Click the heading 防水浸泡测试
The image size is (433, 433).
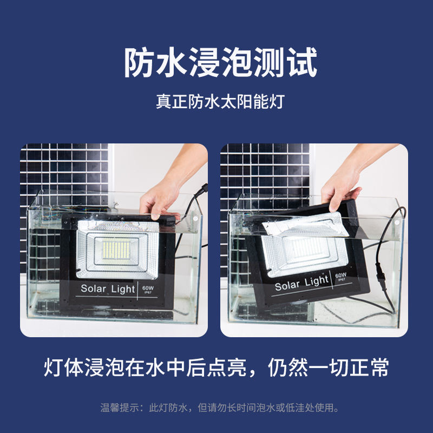220,62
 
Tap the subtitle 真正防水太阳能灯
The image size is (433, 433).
220,102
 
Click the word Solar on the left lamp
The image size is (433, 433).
93,288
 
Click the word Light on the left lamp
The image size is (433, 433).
123,289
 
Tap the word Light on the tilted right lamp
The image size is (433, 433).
317,281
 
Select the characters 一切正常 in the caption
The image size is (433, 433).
349,368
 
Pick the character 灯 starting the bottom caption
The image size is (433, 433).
53,368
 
